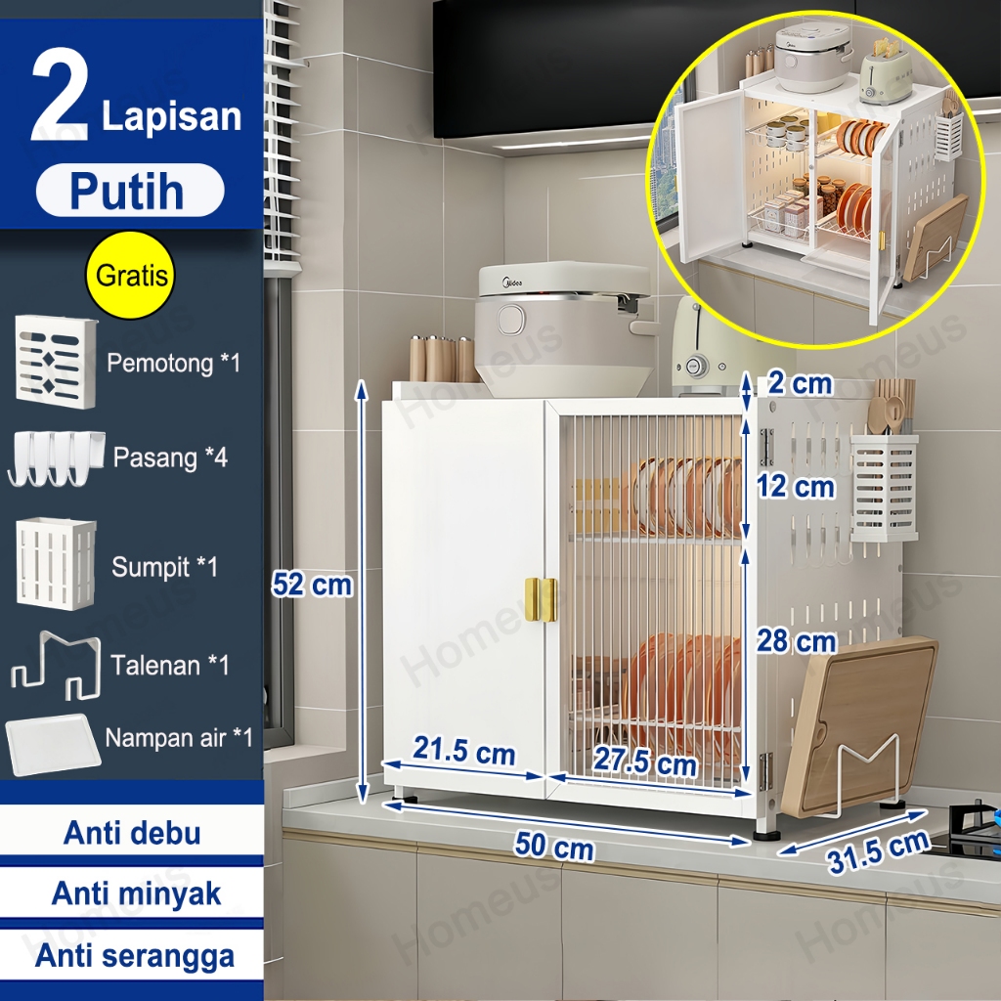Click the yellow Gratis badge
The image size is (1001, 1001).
[x=130, y=275]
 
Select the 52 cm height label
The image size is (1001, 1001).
[x=312, y=585]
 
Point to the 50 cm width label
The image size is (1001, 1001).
[x=554, y=846]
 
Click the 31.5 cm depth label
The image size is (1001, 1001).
[x=878, y=851]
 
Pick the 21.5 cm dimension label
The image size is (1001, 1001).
[x=463, y=750]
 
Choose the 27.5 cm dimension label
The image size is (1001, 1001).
[x=645, y=761]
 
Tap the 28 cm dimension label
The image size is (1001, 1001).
[x=796, y=641]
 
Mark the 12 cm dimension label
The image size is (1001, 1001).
[x=796, y=487]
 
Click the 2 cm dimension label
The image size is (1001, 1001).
[x=800, y=383]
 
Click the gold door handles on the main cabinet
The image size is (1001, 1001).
[x=541, y=599]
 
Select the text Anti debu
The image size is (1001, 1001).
[x=132, y=833]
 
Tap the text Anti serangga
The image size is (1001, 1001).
[x=135, y=956]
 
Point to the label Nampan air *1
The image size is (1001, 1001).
[x=179, y=738]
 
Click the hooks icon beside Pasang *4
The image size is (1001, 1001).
[x=56, y=458]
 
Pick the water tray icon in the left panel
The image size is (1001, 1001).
[x=53, y=744]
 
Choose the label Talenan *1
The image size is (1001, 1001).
[x=170, y=665]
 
